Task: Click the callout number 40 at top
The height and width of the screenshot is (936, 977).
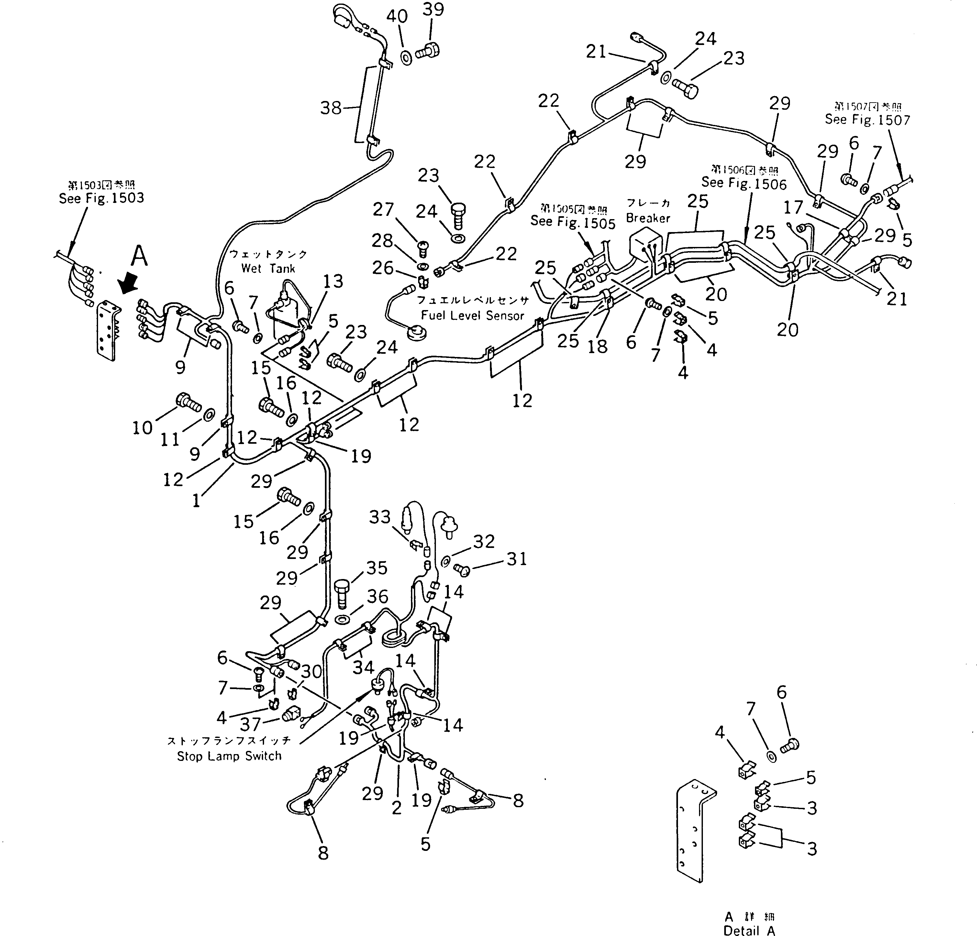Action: click(397, 17)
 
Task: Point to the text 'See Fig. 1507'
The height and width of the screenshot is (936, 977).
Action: click(867, 120)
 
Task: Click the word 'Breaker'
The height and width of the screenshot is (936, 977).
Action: click(648, 218)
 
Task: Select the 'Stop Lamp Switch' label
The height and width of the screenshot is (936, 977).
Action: click(229, 756)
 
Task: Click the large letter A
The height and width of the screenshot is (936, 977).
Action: click(139, 257)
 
